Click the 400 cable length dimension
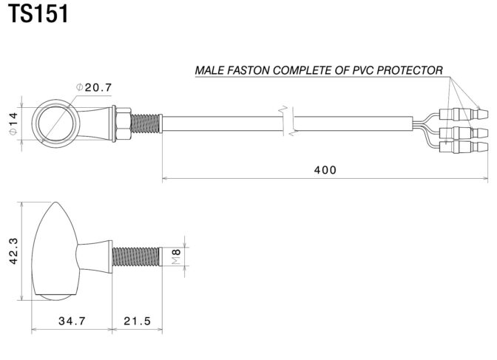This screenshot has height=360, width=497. (x=325, y=170)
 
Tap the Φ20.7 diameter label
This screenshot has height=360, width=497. (x=95, y=87)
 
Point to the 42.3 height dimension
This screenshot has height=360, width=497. (x=13, y=255)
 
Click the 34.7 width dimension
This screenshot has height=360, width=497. (x=72, y=321)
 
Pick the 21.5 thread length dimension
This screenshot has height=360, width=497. (x=136, y=321)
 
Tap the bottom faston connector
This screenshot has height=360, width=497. (x=462, y=147)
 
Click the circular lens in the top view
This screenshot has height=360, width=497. (x=55, y=121)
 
